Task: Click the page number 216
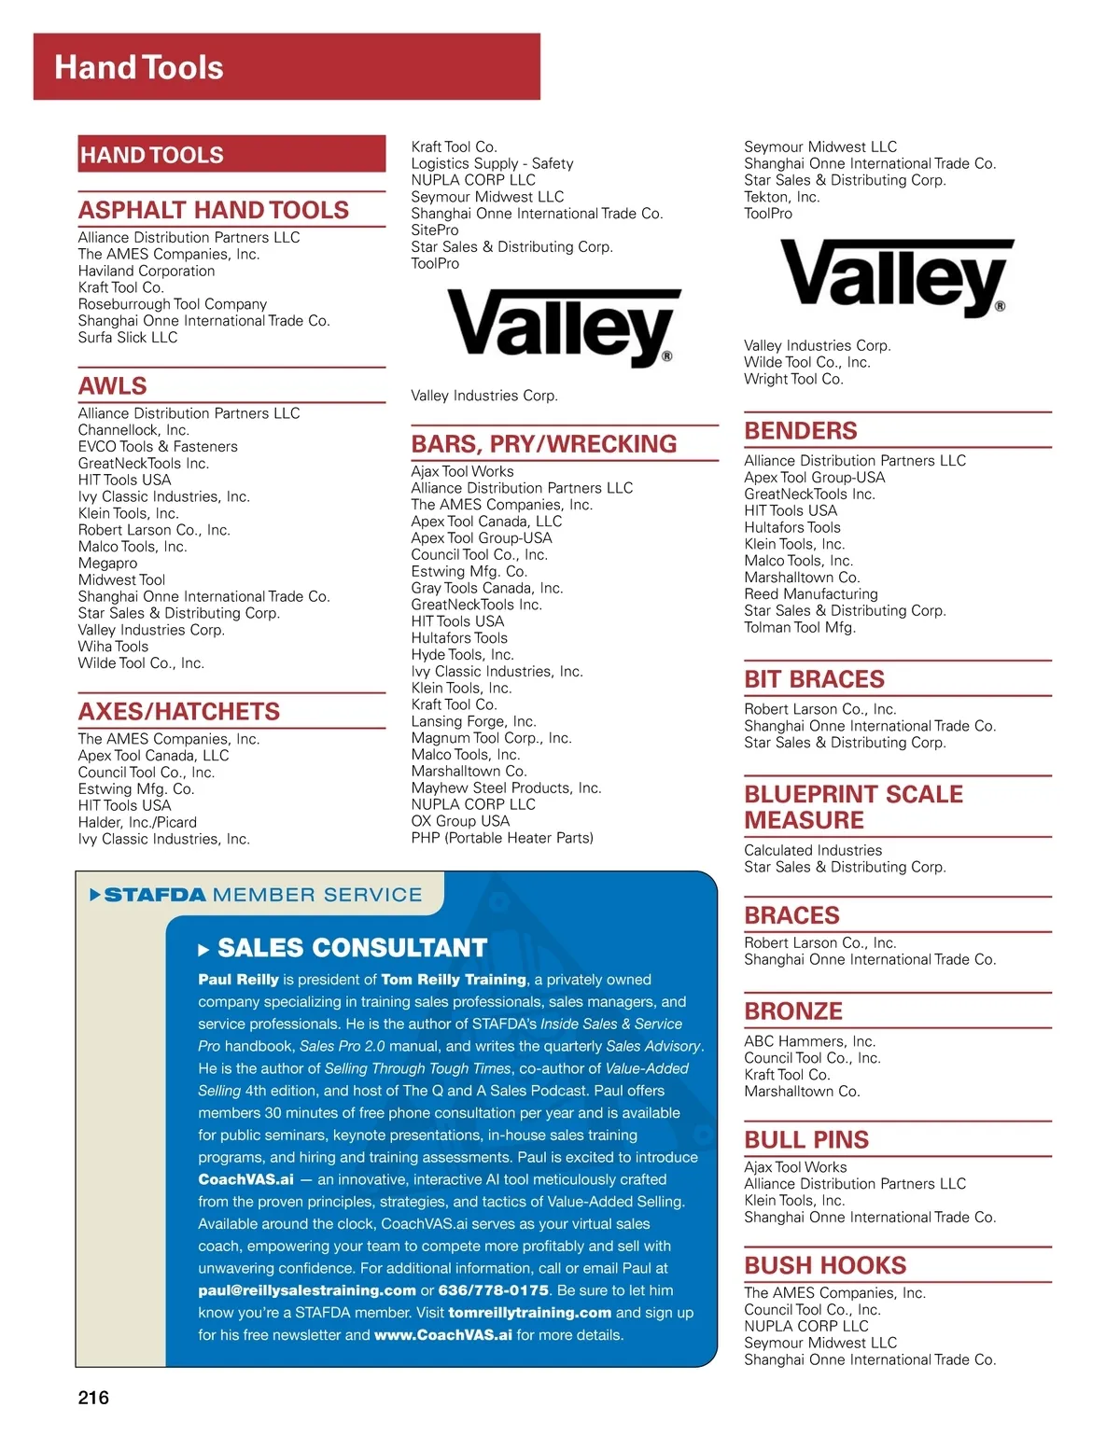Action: pos(93,1397)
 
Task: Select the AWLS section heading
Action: pos(113,385)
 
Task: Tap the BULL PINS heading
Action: pos(806,1139)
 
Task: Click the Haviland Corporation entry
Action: pos(147,271)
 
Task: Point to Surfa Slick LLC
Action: pos(128,337)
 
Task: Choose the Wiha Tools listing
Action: pos(113,646)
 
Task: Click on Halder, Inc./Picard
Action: pos(137,822)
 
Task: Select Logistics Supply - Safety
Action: pos(492,163)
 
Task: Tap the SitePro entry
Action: pos(435,230)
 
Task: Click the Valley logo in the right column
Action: pos(896,276)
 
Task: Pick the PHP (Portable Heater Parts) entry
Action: pos(502,838)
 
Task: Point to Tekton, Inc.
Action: pos(782,197)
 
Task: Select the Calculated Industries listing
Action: pos(813,850)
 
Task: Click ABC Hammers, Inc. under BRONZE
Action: pos(809,1041)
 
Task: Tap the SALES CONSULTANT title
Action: pos(352,948)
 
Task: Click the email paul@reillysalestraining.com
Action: pos(307,1290)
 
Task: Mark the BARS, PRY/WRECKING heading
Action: pos(544,443)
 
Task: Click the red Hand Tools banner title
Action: pos(139,67)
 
